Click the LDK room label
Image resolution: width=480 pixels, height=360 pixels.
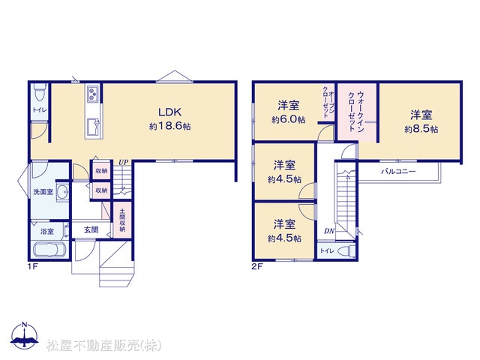coord(170,112)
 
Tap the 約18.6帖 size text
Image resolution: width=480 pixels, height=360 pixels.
coord(170,126)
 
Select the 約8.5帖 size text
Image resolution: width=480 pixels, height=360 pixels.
coord(421,129)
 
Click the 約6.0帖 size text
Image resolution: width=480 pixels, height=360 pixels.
coord(288,119)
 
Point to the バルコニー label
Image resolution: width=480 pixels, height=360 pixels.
coord(398,172)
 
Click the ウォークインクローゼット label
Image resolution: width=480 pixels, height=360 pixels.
coord(356,112)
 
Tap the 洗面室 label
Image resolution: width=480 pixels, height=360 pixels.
coord(43,192)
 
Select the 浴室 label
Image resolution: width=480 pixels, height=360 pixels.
coord(46,232)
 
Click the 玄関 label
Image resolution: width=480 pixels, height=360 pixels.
coord(91,230)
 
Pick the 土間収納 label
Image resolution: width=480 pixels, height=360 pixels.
coord(122,220)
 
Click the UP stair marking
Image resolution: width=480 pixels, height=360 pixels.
coord(123,162)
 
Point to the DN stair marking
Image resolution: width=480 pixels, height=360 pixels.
coord(329,231)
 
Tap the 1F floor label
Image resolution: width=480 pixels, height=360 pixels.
coord(32,266)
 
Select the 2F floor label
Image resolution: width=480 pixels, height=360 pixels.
coord(257,266)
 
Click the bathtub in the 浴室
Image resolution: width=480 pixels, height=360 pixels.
coord(49,249)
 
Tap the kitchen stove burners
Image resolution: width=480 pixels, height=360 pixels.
coord(93,94)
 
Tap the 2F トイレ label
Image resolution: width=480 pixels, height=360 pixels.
coord(327,251)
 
